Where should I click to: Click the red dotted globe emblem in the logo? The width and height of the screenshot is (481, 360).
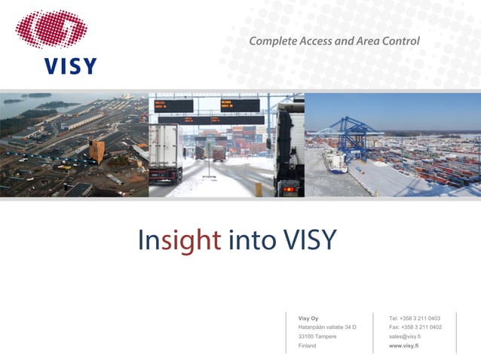point(51,30)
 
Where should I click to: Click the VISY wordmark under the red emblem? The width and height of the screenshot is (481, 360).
point(69,66)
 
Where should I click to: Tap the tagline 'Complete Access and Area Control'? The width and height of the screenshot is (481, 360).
point(334,41)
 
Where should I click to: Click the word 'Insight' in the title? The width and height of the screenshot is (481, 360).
point(179,240)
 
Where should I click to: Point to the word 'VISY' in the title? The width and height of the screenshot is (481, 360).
point(309,240)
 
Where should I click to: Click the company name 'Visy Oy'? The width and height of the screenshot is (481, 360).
point(308,318)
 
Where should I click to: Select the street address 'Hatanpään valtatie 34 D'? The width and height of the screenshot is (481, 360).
point(327,327)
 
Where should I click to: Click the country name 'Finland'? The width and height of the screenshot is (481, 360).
point(308,345)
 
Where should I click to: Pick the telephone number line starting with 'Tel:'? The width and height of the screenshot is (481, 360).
point(415,318)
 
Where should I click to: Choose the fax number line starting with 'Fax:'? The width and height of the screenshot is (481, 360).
point(415,327)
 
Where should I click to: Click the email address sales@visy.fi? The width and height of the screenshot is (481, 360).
point(405,336)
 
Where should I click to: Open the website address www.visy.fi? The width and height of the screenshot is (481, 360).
point(403,345)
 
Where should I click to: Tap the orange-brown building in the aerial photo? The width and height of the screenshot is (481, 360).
point(97,150)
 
